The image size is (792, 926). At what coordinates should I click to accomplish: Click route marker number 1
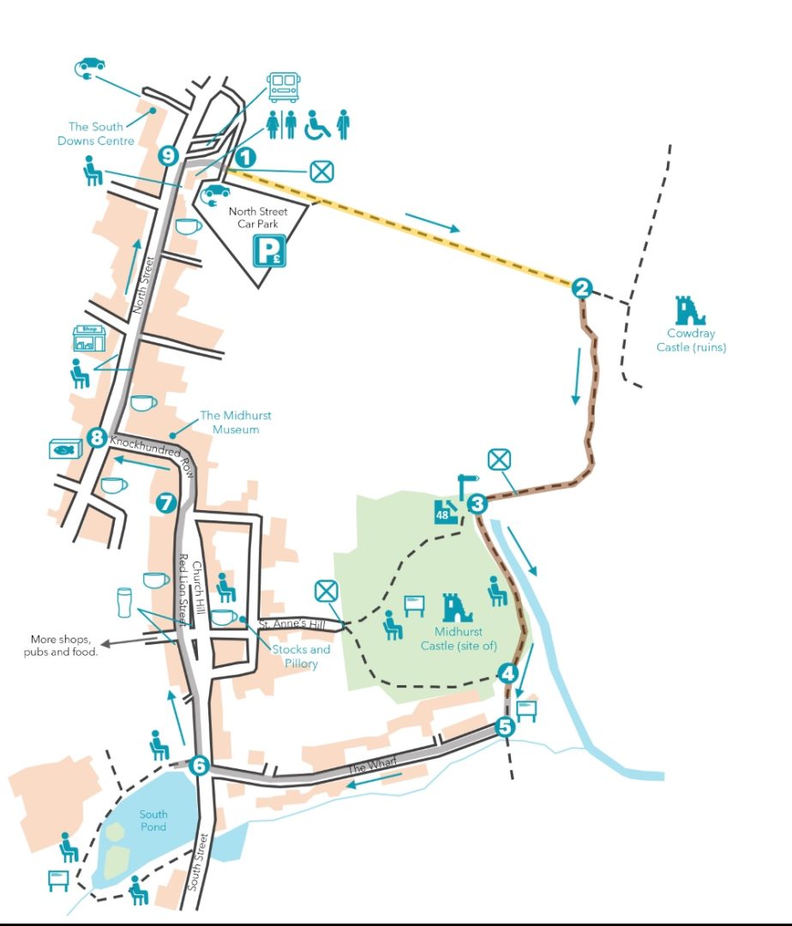coord(245,157)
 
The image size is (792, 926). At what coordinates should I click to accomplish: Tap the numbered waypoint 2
coord(582,288)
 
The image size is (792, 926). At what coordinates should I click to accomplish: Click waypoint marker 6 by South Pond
coord(199,765)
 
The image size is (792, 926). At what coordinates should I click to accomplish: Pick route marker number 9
coord(168,156)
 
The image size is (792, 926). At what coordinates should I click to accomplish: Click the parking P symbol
coord(270,253)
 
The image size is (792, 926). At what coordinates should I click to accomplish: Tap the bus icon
coord(283,87)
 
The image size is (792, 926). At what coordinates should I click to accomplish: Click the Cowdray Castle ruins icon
coord(688,310)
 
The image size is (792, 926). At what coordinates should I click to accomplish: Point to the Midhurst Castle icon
coord(457,608)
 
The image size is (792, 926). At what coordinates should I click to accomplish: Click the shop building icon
coord(89,338)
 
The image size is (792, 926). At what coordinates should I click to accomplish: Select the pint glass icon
coord(123,602)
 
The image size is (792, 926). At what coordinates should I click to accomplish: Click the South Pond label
coord(154,821)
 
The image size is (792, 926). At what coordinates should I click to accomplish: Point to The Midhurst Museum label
coord(236,422)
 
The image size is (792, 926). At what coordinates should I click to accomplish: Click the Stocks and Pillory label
coord(301,656)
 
